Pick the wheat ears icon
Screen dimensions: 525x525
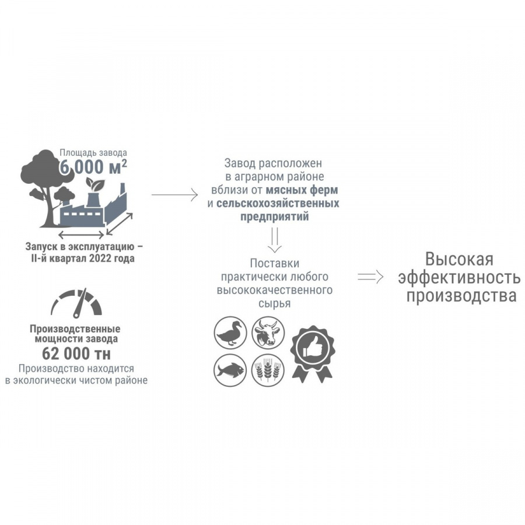(268, 370)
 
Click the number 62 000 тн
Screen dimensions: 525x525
(76, 354)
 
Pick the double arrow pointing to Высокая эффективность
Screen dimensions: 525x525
(370, 277)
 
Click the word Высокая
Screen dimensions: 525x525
(459, 259)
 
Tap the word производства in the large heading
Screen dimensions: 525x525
(461, 296)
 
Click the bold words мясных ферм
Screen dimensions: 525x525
(302, 190)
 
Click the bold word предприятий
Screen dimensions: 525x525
(274, 216)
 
